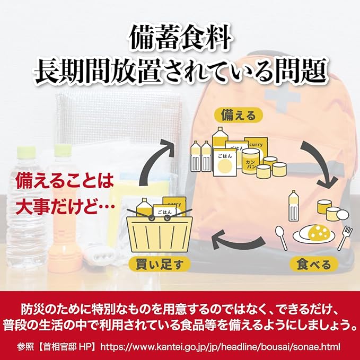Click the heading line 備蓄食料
click(x=180, y=38)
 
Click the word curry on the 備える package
click(x=257, y=143)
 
